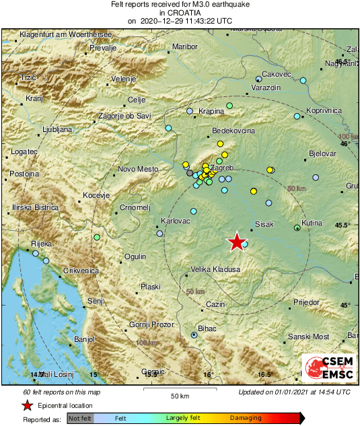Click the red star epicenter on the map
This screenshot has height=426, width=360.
236,242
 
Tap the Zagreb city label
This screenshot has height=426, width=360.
221,167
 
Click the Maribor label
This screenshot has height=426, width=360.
185,47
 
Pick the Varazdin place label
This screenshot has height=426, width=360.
266,88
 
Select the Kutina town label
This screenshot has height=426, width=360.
312,223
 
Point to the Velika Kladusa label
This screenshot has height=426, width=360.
215,269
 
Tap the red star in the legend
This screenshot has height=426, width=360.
27,405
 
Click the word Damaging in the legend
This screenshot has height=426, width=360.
246,418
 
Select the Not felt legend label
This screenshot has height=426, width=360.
81,418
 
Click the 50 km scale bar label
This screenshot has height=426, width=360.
178,395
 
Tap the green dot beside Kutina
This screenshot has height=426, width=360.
297,228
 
